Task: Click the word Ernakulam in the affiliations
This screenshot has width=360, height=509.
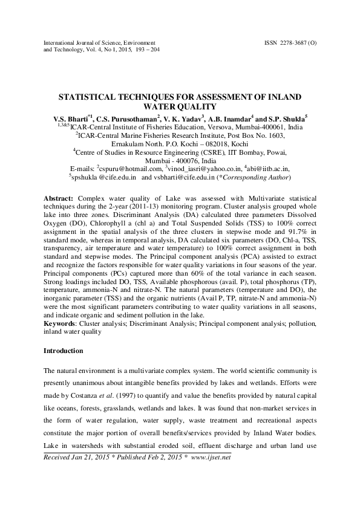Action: [132, 144]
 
